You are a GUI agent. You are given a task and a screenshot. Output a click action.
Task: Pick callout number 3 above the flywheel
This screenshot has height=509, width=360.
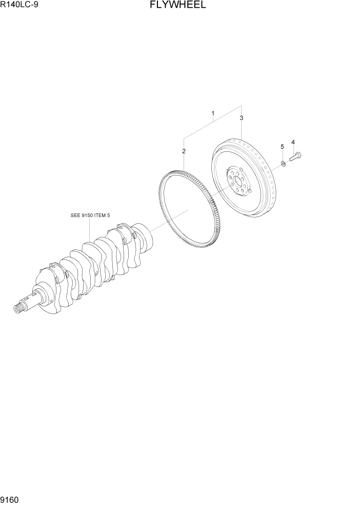click(x=241, y=118)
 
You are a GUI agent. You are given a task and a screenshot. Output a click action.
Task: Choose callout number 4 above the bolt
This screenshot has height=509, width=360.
click(x=293, y=142)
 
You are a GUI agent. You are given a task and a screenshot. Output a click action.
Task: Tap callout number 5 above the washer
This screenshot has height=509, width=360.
click(x=282, y=147)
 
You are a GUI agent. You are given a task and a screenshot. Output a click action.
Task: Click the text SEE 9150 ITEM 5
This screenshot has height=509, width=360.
click(x=90, y=216)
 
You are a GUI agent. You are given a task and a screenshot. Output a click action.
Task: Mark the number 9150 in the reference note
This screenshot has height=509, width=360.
click(x=86, y=216)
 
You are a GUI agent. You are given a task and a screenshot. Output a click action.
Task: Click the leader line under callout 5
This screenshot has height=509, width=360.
click(x=282, y=156)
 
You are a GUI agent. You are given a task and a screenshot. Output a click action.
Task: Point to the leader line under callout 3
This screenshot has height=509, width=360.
click(x=241, y=130)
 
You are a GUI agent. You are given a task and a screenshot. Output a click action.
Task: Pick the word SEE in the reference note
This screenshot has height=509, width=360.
click(x=75, y=216)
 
